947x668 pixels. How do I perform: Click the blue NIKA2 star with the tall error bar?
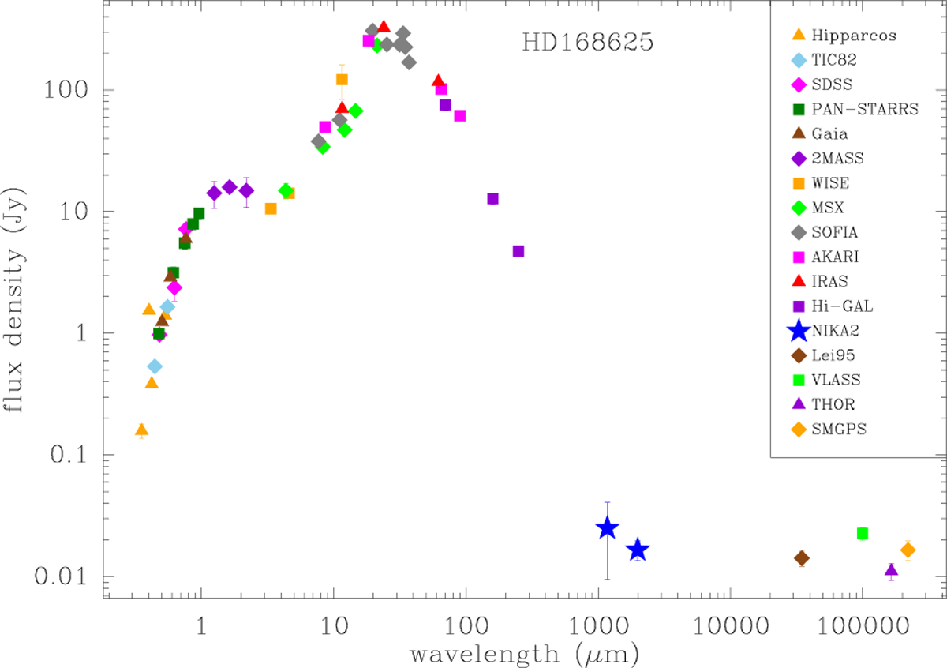click(607, 528)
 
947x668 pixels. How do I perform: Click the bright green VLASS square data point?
click(863, 534)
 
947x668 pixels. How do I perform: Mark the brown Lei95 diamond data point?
click(802, 558)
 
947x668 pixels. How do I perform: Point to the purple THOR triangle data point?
click(891, 570)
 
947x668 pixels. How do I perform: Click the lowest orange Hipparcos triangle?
click(141, 430)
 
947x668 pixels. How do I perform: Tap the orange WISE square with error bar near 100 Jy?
click(342, 79)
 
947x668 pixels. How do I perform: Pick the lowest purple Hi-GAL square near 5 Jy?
click(518, 251)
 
